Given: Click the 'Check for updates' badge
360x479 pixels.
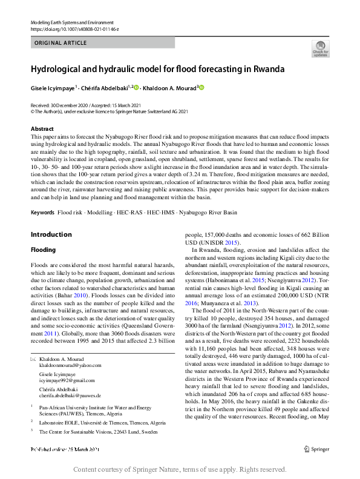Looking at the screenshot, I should (320, 48).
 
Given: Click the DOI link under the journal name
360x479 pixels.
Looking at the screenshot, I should (74, 28).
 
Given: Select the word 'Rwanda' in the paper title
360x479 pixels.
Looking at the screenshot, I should (269, 69).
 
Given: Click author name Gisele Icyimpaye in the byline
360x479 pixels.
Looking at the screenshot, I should (53, 88).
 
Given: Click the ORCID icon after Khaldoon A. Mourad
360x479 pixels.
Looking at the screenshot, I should (201, 87).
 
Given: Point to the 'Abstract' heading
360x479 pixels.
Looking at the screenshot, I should (42, 129).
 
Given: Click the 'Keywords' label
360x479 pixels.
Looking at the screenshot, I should (42, 213).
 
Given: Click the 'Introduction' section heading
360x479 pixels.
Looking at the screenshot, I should (51, 234).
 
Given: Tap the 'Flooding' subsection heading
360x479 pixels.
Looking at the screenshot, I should (43, 249).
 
